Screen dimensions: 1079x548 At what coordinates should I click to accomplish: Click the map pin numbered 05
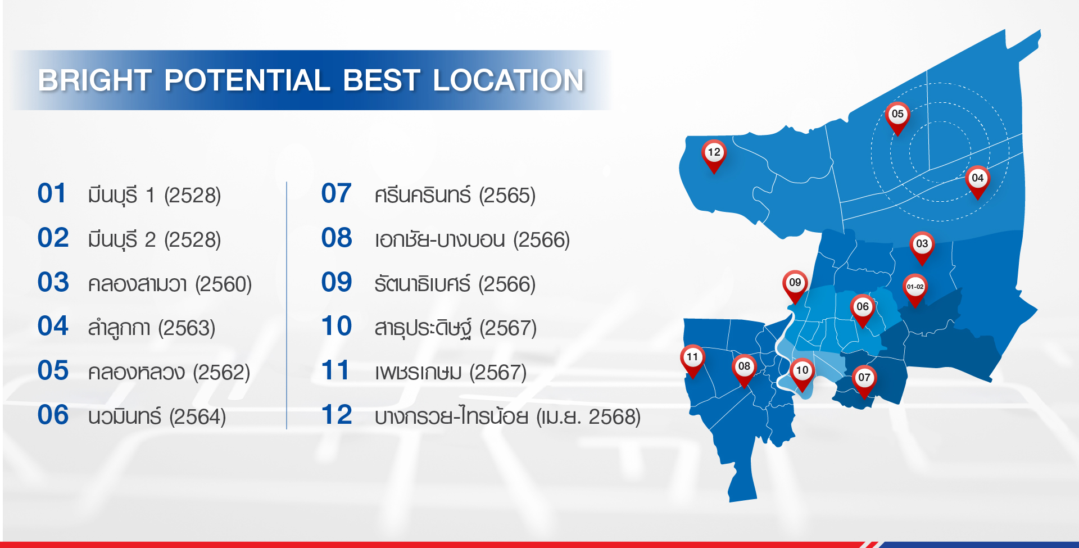click(897, 118)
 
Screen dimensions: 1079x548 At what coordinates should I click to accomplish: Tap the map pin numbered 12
click(714, 156)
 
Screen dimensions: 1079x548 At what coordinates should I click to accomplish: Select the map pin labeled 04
click(977, 182)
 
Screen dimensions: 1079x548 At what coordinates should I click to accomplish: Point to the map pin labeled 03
click(922, 248)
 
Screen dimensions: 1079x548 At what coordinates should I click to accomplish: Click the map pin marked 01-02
click(915, 291)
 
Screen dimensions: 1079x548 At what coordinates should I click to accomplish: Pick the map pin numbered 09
click(795, 287)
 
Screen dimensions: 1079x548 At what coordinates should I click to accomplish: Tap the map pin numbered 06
click(863, 311)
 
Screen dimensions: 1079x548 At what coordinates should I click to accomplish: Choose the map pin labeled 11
click(692, 361)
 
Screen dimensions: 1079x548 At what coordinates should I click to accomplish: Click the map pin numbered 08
click(744, 370)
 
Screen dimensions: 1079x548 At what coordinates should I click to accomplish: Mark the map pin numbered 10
click(802, 374)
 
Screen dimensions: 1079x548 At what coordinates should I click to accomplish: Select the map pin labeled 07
click(864, 382)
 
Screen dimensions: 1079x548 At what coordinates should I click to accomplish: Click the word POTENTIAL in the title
click(247, 80)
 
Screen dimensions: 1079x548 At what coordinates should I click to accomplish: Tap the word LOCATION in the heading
click(509, 80)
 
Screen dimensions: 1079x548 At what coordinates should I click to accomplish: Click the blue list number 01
click(52, 193)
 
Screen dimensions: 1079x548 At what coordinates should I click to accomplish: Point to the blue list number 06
click(53, 415)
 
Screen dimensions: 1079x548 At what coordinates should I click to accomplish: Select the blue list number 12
click(337, 415)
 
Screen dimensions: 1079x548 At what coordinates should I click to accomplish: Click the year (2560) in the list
click(223, 284)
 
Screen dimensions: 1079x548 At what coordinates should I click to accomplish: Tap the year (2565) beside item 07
click(507, 196)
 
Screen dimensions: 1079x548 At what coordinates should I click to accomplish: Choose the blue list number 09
click(337, 282)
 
